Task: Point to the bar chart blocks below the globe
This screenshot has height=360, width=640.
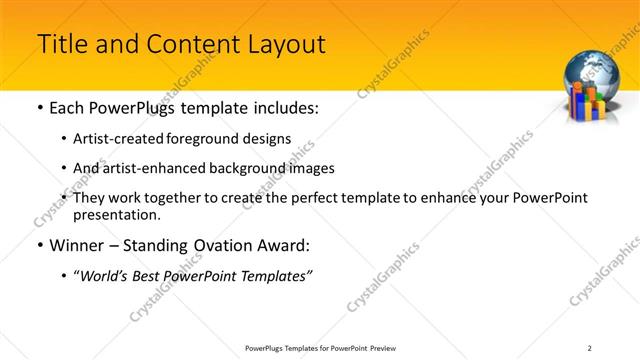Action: tap(592, 104)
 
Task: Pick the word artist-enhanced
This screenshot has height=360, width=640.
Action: tap(151, 168)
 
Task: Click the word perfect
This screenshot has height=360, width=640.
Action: tap(316, 198)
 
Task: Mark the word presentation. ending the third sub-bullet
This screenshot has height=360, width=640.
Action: tap(117, 214)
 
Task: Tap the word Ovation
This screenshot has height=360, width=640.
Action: tap(206, 245)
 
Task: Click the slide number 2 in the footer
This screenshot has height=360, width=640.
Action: tap(589, 347)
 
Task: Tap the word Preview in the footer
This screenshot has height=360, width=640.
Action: tap(388, 347)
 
